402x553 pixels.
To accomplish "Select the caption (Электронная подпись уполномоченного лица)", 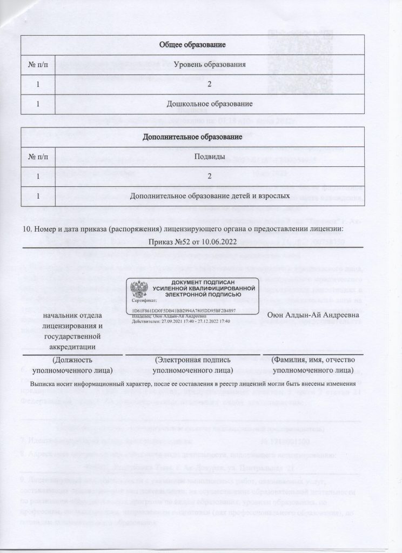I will (193, 365).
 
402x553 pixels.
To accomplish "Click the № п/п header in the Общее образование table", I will (38, 65).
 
